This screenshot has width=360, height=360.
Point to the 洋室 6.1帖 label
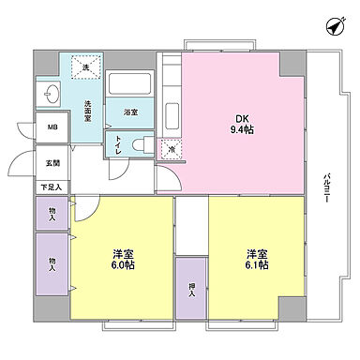click(258, 260)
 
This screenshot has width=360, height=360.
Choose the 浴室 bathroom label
click(130, 113)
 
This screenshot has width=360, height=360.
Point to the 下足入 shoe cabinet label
click(52, 187)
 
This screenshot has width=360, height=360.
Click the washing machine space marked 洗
click(85, 67)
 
